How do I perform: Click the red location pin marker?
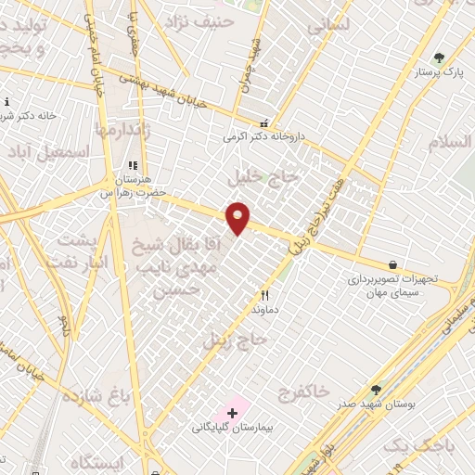click(238, 218)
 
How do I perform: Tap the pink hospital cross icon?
click(232, 411)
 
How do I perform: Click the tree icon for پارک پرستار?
click(439, 58)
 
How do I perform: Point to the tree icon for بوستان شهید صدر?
click(376, 391)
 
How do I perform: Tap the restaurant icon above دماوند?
click(264, 296)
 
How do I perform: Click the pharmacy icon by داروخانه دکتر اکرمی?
click(264, 122)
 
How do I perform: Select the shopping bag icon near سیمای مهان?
click(392, 264)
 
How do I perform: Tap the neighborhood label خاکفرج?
click(303, 392)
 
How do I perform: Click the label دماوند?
click(266, 310)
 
